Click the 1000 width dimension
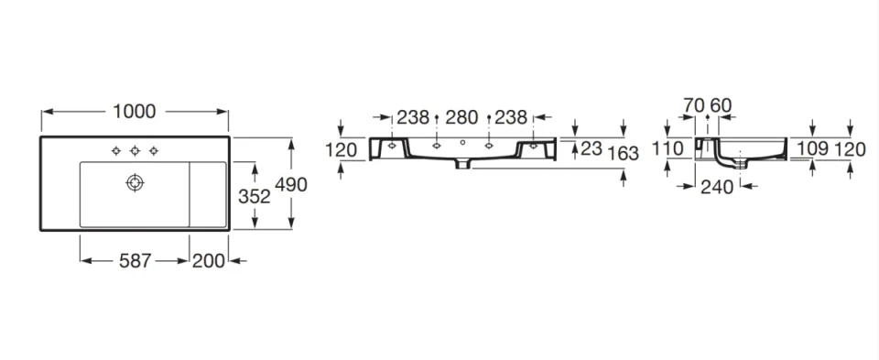click(x=135, y=112)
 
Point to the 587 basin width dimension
click(x=135, y=261)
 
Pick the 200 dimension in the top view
click(x=209, y=261)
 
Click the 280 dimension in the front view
click(x=461, y=117)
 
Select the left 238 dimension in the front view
click(x=413, y=117)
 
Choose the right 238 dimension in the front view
click(x=510, y=117)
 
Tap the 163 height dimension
click(x=623, y=153)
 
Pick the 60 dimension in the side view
click(x=721, y=104)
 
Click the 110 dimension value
click(x=668, y=147)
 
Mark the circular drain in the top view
click(x=136, y=183)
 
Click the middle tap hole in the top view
click(x=136, y=150)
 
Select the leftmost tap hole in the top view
click(x=117, y=150)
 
